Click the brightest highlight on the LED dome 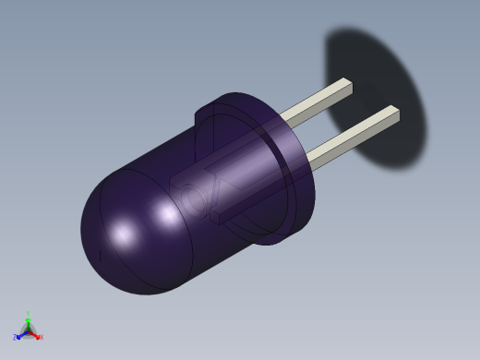pos(123,234)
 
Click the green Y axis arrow pos(28,320)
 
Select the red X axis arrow pos(35,334)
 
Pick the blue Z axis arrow pos(20,333)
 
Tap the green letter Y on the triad pos(28,314)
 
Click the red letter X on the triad pos(41,338)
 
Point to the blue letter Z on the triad pos(15,337)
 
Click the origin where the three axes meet pos(28,330)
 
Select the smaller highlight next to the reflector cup pos(168,215)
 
